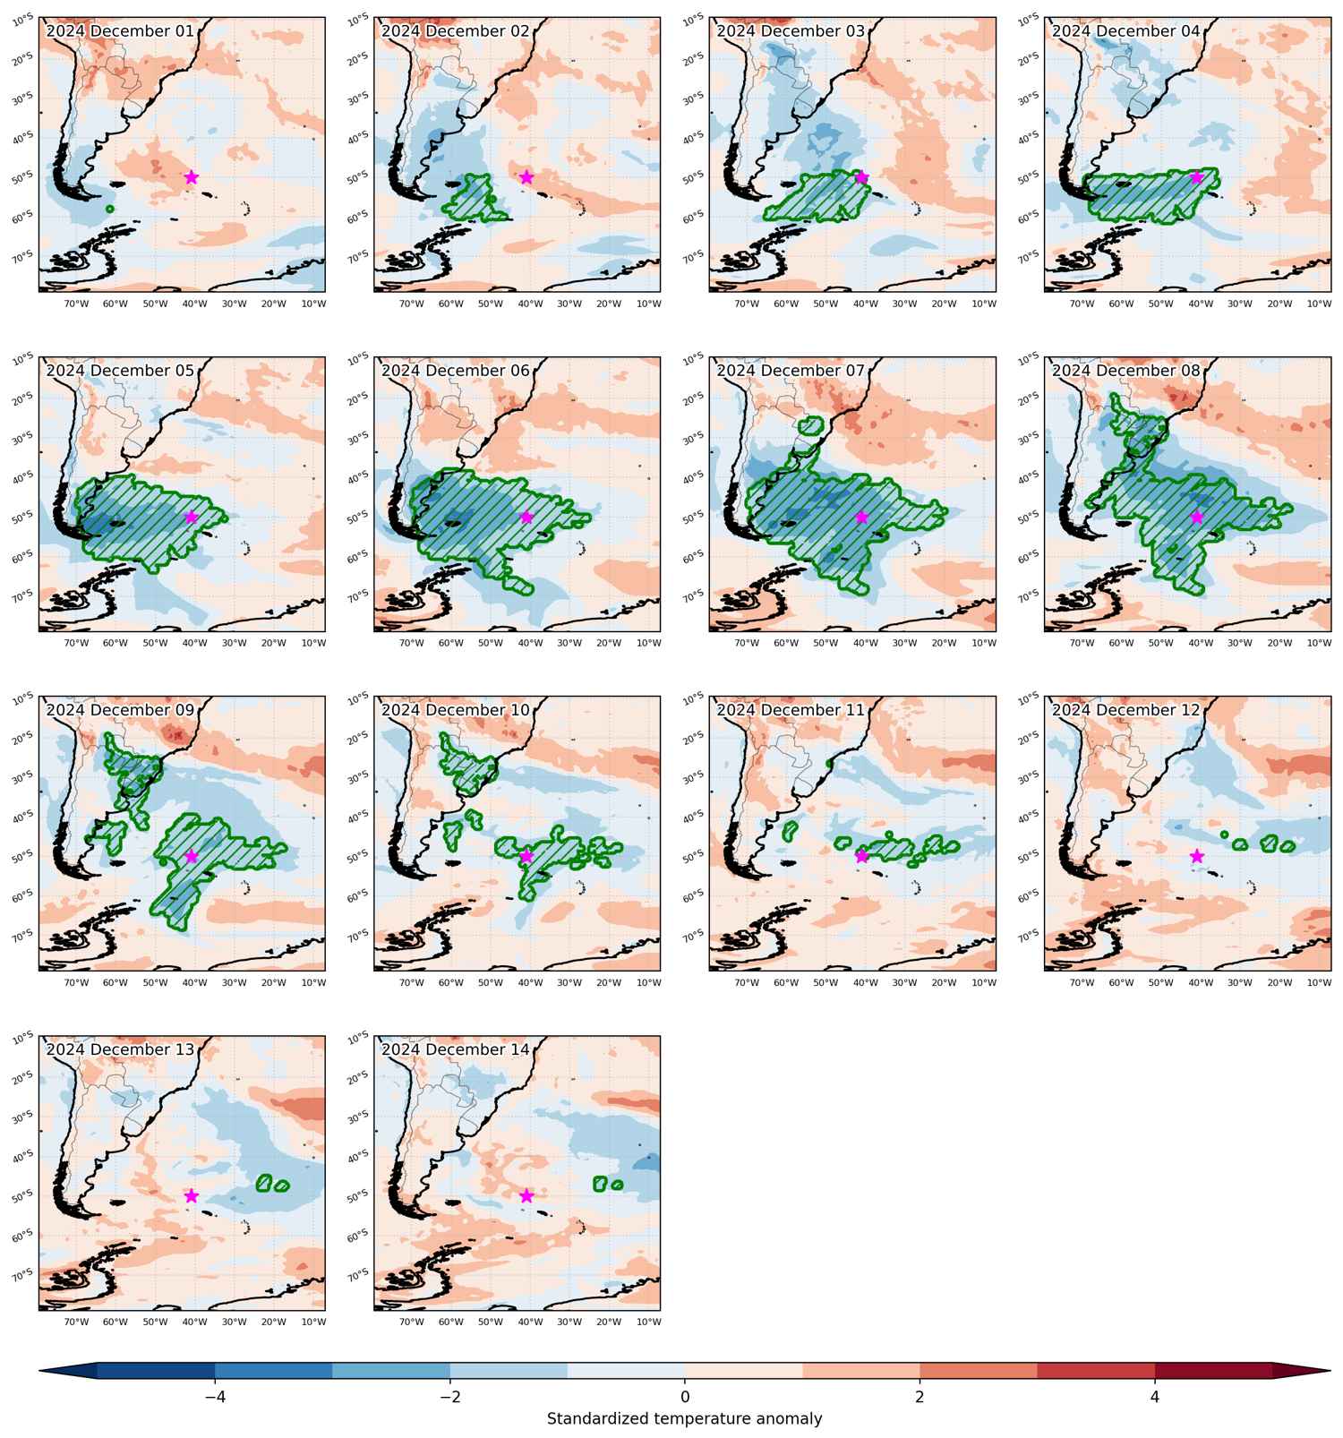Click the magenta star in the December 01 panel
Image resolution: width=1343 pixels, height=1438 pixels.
pos(191,177)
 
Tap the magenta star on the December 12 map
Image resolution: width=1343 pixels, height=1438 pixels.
pos(1197,856)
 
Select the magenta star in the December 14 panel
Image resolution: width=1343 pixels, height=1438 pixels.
pos(526,1195)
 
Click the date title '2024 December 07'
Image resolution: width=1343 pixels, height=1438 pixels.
pos(791,371)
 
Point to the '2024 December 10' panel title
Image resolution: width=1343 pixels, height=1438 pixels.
pos(456,710)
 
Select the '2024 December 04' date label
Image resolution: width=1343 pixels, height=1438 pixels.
pos(1126,31)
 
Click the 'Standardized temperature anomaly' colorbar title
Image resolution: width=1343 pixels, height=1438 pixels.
pos(685,1419)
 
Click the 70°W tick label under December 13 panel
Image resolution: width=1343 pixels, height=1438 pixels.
pos(76,1322)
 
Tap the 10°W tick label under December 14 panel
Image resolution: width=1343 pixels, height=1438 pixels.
pos(648,1322)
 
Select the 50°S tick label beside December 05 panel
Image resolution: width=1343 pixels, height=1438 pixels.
pos(23,517)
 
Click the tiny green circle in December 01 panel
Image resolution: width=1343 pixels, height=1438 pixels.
pos(109,209)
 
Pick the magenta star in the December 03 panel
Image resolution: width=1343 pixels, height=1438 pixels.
pos(861,177)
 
